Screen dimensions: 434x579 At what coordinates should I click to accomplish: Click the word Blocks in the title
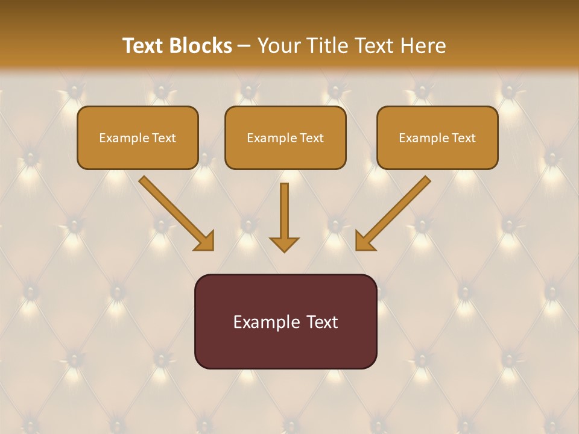click(x=201, y=46)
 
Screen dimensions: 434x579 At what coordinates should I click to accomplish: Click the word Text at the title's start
click(x=144, y=46)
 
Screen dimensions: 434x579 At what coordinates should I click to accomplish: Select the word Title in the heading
click(x=327, y=46)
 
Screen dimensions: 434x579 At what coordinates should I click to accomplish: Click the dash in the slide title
click(x=245, y=46)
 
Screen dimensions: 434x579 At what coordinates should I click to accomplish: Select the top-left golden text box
click(x=138, y=137)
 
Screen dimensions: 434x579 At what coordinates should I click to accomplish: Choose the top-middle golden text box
click(x=285, y=137)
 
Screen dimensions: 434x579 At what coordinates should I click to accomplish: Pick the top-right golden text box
click(x=437, y=137)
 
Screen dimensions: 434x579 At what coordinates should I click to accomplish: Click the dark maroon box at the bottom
click(x=285, y=321)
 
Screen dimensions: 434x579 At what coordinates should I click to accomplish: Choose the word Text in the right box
click(x=463, y=138)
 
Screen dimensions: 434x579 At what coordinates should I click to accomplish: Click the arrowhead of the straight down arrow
click(x=284, y=244)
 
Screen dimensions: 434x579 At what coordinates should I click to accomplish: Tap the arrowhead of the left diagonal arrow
click(x=205, y=242)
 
